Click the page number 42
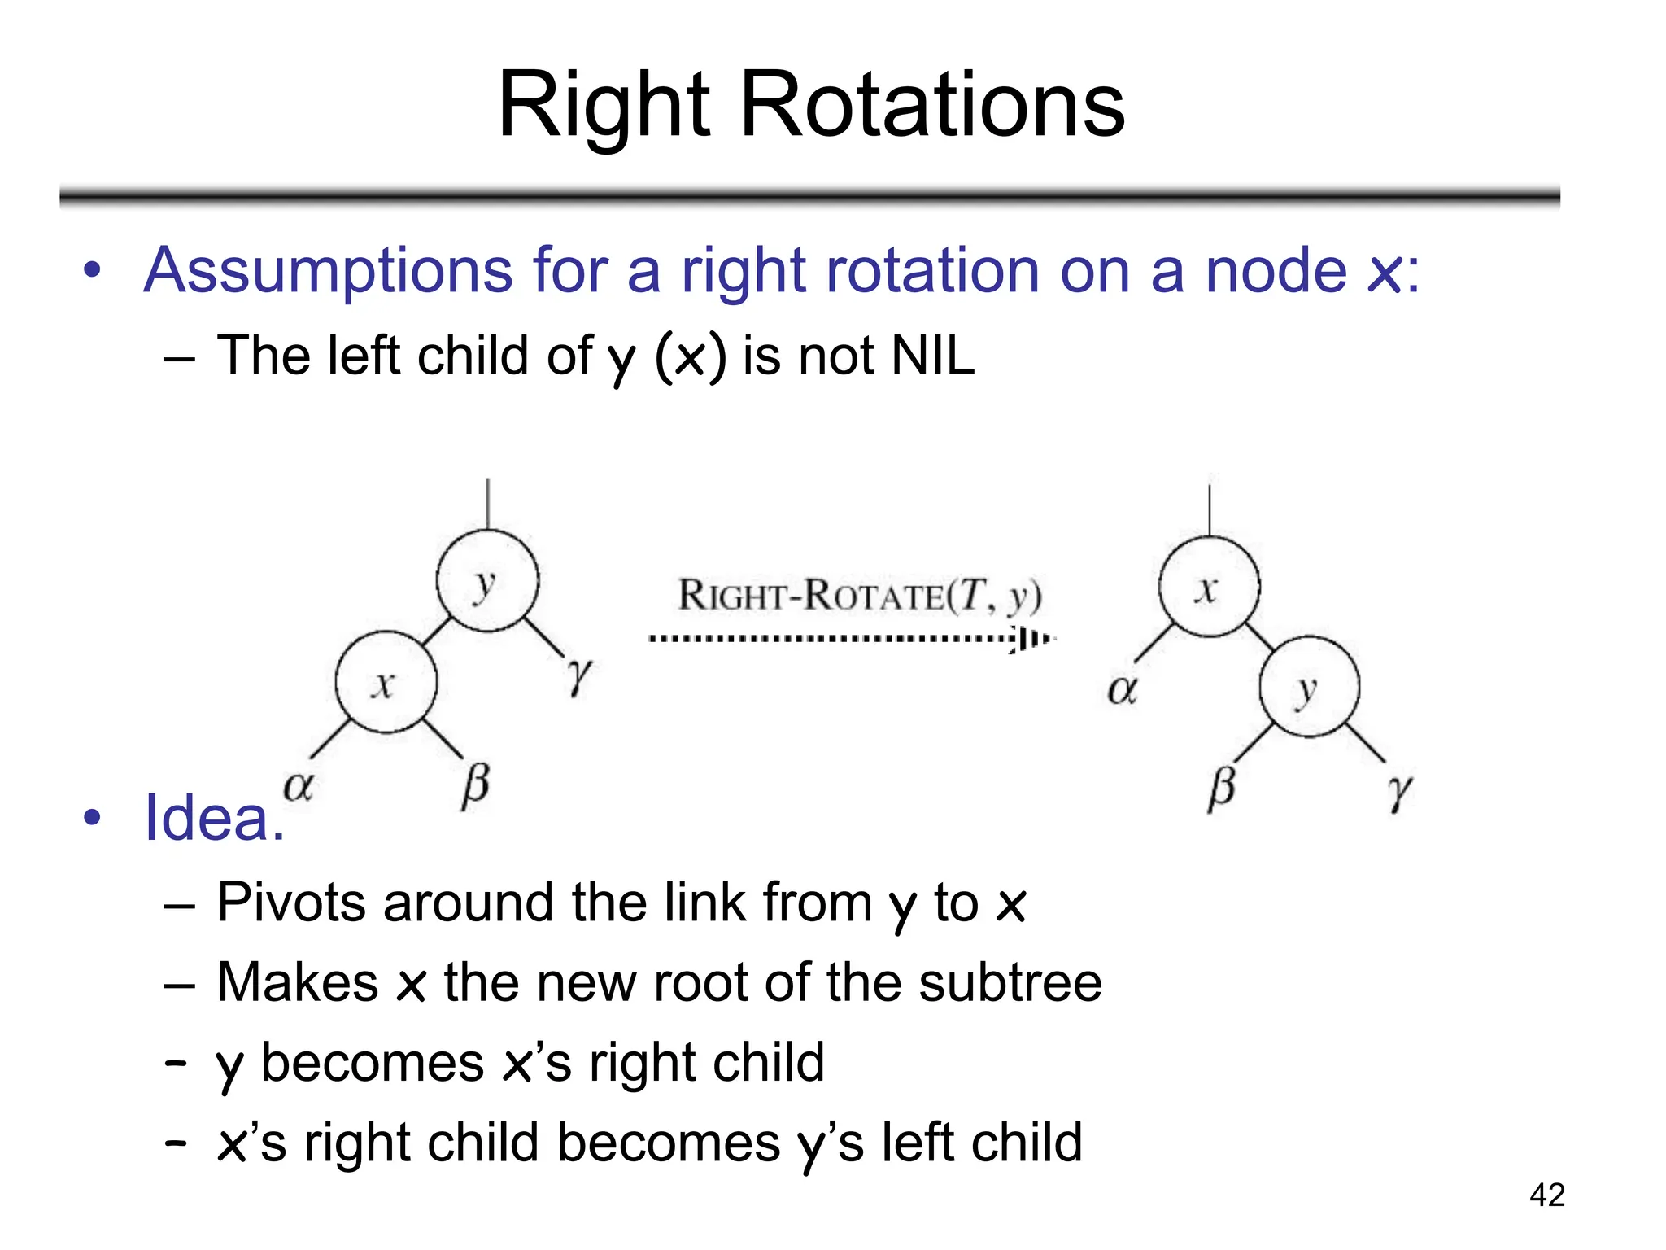click(x=1546, y=1195)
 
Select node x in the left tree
click(x=386, y=682)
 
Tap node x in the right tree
click(x=1209, y=587)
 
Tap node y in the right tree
click(x=1309, y=688)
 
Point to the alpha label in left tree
click(x=299, y=785)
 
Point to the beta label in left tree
click(x=475, y=785)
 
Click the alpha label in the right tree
click(x=1122, y=689)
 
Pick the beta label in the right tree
click(x=1222, y=788)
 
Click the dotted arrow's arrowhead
click(x=1030, y=639)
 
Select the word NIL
click(x=932, y=356)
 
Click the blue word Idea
click(x=213, y=818)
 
